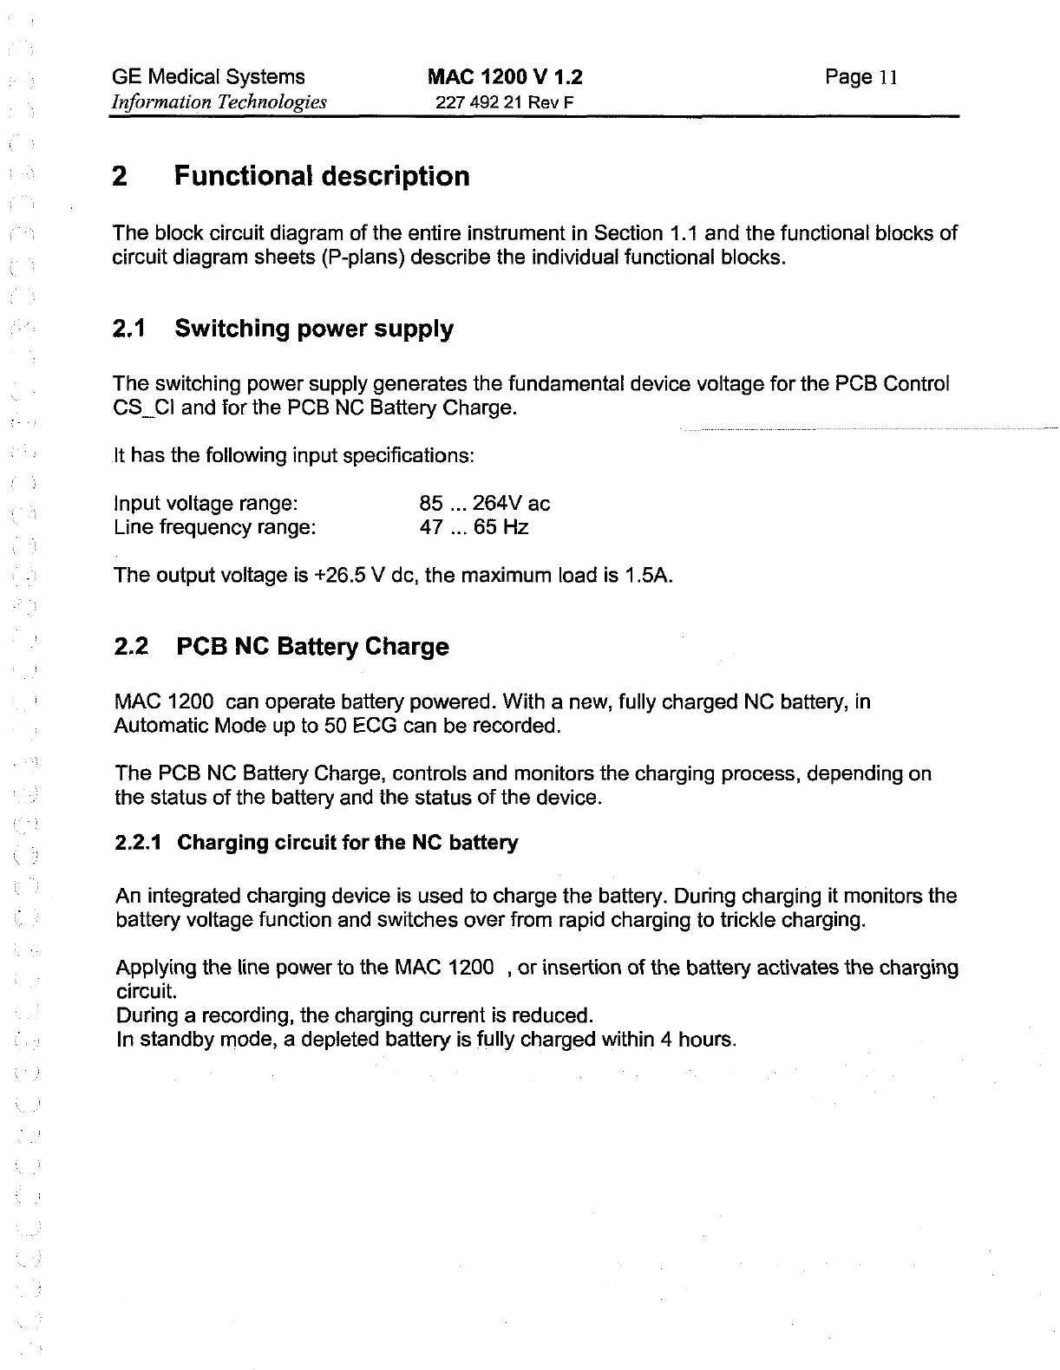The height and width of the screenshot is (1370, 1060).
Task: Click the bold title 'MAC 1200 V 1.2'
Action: point(506,77)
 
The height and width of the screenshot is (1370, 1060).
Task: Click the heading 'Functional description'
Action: point(322,176)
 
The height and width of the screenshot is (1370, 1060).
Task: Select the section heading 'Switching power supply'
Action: point(314,329)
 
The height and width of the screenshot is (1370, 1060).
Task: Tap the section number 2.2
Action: point(131,647)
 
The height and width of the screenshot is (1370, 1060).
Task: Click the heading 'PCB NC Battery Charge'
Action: point(312,647)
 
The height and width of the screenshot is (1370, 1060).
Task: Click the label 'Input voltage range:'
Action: point(206,504)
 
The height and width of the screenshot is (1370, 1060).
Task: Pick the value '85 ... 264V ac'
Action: point(484,504)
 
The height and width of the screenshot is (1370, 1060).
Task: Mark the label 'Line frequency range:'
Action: point(214,527)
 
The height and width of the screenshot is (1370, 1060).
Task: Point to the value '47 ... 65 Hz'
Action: point(474,527)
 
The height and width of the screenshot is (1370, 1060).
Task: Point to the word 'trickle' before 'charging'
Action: point(748,919)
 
